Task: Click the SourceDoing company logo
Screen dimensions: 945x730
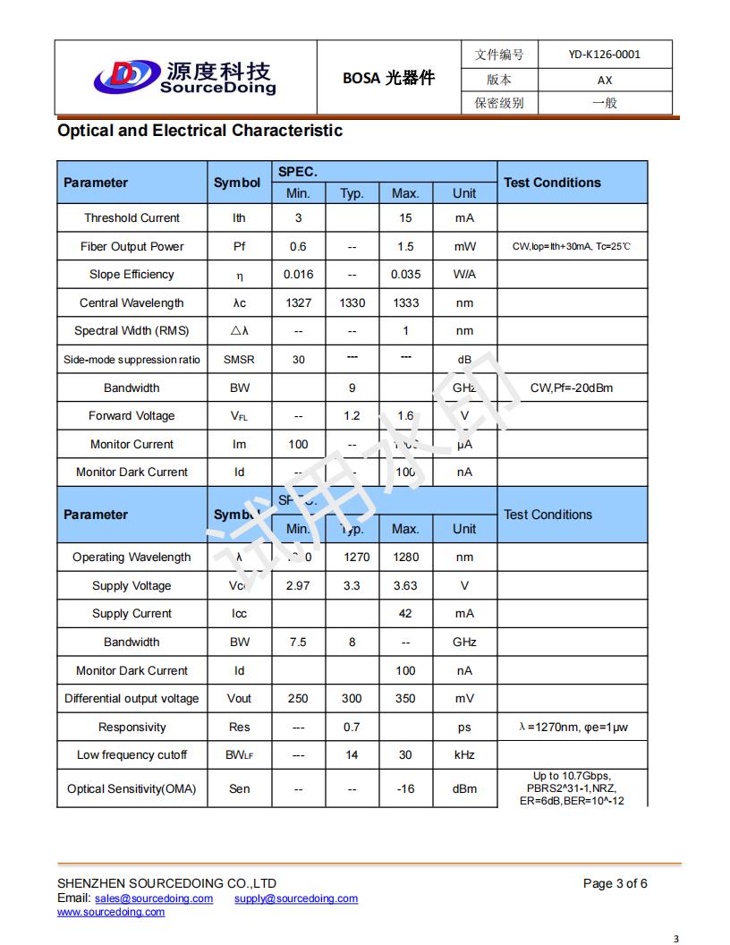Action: point(184,77)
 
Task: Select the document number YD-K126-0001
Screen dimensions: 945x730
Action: point(604,55)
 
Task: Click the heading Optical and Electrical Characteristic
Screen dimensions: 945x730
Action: point(199,131)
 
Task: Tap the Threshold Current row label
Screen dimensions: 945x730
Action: point(132,218)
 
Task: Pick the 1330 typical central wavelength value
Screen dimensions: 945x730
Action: point(352,303)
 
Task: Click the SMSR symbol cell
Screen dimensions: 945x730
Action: point(239,360)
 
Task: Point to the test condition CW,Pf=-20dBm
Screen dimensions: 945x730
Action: point(572,388)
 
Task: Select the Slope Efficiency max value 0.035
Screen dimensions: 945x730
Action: point(405,275)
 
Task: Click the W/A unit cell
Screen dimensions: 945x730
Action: point(464,275)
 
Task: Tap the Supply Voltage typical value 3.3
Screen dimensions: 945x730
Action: point(352,586)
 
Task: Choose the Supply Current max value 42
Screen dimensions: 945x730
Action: point(405,614)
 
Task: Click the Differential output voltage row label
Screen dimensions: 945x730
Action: point(132,699)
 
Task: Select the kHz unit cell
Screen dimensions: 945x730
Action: point(464,755)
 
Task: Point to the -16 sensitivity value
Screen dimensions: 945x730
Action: point(405,789)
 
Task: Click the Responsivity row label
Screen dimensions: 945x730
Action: point(132,728)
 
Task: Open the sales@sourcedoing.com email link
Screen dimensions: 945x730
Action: point(154,898)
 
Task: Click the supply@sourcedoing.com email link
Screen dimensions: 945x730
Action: point(296,898)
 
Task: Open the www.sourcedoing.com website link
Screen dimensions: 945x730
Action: point(111,912)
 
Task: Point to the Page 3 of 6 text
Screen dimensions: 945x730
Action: point(615,884)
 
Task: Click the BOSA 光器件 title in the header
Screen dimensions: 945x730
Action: point(388,78)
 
